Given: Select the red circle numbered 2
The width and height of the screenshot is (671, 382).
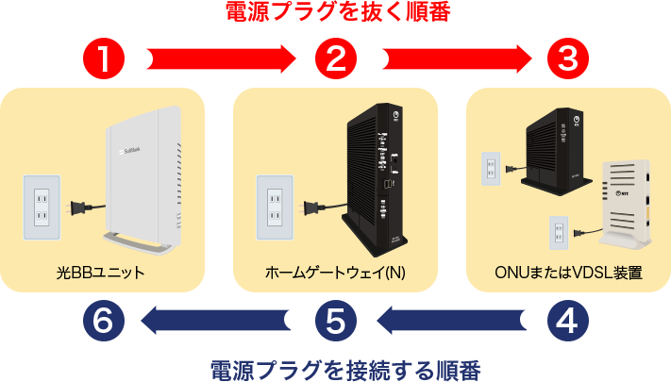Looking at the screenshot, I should [335, 59].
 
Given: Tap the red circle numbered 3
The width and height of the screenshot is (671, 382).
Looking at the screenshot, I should [567, 59].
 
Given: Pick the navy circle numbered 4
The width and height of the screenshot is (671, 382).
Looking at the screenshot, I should [567, 321].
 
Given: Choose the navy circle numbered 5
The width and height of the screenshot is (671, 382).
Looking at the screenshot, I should [335, 321].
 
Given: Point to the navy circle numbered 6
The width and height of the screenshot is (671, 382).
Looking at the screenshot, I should [103, 321].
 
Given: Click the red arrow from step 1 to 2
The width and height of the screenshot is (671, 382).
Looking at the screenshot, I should [217, 59].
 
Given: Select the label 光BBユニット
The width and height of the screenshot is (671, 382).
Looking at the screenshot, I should [100, 274].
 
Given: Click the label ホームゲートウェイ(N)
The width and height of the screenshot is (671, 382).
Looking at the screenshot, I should [335, 274].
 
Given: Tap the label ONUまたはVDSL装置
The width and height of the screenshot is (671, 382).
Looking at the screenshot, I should [568, 274].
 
